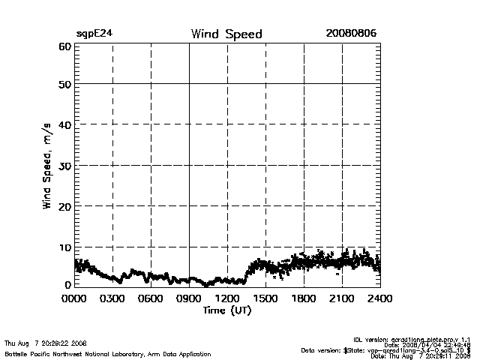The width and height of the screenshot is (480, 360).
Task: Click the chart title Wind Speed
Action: (226, 34)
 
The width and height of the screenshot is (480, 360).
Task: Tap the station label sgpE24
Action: (94, 34)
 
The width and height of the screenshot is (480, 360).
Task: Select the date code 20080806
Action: (351, 34)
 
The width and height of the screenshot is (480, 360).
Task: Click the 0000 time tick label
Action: (74, 298)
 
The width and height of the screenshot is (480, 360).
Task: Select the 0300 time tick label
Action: (112, 298)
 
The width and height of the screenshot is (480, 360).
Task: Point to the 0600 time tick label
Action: (151, 298)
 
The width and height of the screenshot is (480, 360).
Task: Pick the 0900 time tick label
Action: (189, 298)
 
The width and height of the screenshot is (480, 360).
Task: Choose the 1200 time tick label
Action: (227, 298)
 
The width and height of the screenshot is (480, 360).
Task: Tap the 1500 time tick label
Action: (265, 298)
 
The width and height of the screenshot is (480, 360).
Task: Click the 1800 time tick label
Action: (304, 298)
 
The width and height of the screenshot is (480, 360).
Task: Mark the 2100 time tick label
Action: (342, 298)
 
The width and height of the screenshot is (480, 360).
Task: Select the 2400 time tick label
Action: (379, 298)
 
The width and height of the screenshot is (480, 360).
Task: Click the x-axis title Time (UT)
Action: (227, 310)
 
